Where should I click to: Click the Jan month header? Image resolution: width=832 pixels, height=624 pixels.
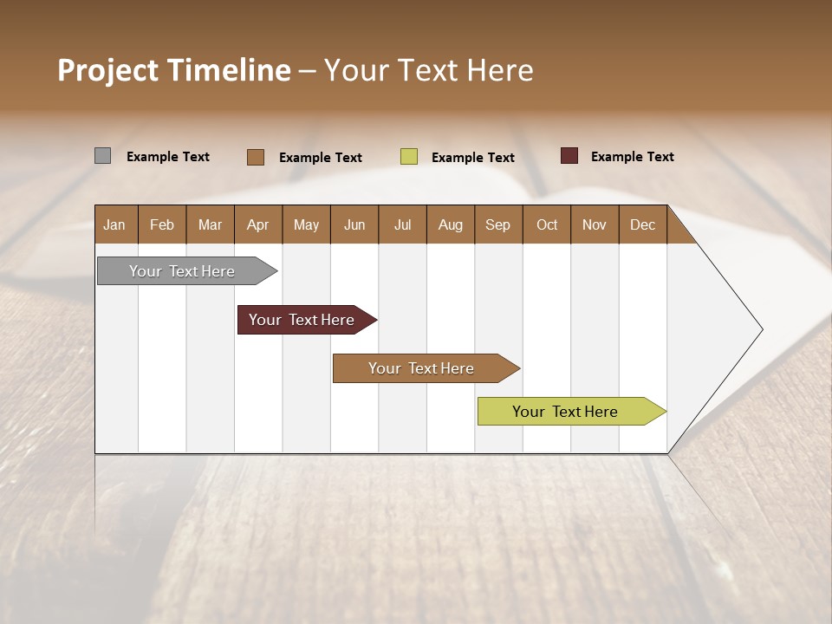point(115,224)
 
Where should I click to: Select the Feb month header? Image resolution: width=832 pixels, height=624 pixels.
point(162,224)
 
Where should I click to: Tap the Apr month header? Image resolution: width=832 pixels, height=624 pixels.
point(258,224)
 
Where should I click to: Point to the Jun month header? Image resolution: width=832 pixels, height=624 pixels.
point(354,224)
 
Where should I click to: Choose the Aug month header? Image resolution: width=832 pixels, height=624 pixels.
point(451,224)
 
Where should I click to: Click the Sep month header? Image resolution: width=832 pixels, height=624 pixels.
point(498,224)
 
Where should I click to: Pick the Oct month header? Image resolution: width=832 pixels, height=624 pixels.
point(547,224)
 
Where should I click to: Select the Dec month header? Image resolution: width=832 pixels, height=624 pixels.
point(643,224)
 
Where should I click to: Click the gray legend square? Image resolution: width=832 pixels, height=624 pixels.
point(102,156)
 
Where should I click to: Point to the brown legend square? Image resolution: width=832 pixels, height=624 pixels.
point(255,157)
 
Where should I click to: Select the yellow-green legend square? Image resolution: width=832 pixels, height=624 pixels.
point(409,157)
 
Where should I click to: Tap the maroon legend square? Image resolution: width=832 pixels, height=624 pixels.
point(569,156)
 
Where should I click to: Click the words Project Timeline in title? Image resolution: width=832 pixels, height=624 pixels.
point(173,70)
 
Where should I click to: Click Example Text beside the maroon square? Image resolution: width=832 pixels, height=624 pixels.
point(632,157)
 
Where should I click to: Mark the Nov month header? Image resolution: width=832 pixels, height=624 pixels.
point(595,224)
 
